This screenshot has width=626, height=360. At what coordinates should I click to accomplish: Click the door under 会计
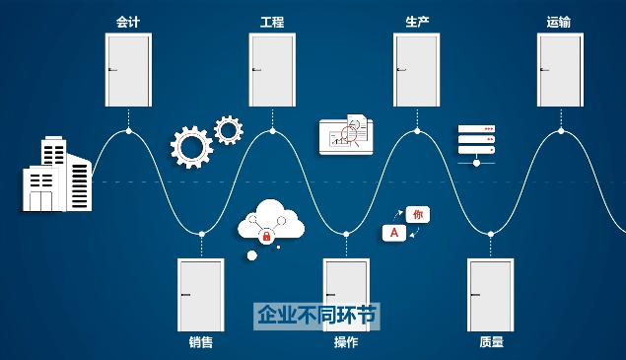(x=128, y=69)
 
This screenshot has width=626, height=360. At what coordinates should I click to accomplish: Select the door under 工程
(x=272, y=69)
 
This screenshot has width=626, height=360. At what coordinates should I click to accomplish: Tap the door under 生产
(x=416, y=69)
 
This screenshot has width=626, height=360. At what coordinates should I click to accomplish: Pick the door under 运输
(x=560, y=69)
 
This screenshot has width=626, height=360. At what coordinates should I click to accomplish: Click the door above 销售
(x=200, y=294)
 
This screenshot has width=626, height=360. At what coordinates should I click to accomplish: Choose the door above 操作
(x=345, y=294)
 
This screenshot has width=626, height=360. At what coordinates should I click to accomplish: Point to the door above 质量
(x=490, y=294)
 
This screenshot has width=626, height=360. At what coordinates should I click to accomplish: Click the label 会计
(x=128, y=21)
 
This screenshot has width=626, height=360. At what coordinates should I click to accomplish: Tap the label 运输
(x=559, y=21)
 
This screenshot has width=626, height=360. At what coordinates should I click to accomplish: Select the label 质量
(x=491, y=343)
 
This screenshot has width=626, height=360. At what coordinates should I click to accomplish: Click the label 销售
(x=200, y=343)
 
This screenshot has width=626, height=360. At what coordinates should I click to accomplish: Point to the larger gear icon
(x=191, y=147)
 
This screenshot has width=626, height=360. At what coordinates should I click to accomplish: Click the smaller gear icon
(x=229, y=129)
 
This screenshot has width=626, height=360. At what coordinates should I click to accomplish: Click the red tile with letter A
(x=394, y=233)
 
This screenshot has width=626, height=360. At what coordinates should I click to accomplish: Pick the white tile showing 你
(x=417, y=214)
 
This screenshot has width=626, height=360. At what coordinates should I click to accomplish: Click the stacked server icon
(x=476, y=140)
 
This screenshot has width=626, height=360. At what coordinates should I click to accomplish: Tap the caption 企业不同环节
(x=316, y=316)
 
